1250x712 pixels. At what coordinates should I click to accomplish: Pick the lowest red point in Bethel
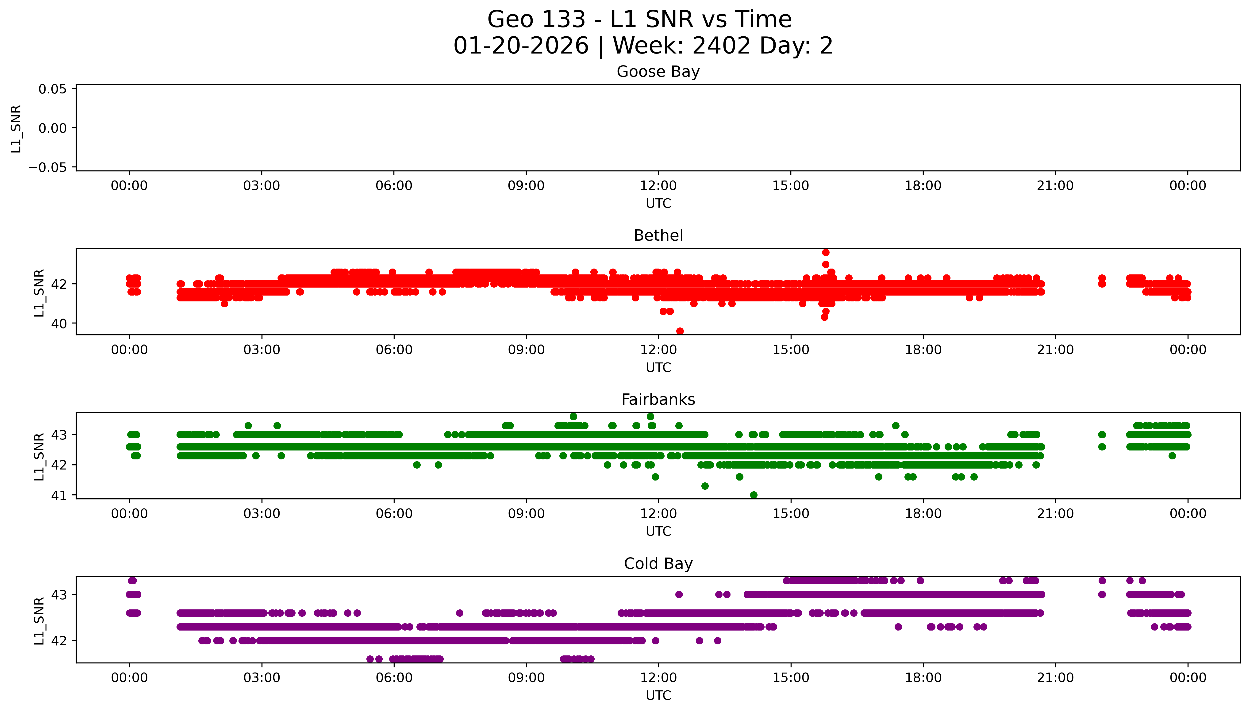(680, 331)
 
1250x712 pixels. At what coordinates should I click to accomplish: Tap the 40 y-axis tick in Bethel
(59, 324)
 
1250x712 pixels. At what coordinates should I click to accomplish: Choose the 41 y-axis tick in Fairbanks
(59, 495)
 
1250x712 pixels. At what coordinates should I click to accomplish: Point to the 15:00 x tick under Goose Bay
(790, 186)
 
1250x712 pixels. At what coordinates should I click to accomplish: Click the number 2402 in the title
(721, 46)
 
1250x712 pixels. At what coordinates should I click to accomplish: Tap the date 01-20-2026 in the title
(521, 46)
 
